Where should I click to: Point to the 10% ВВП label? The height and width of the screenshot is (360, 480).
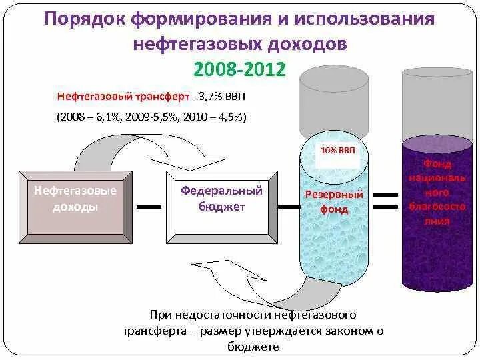coord(338,150)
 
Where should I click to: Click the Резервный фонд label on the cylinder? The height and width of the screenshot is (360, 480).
coord(334,201)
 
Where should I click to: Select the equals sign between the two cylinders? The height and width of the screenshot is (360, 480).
coord(385,201)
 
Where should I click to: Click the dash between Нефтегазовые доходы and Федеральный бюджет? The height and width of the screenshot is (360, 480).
coord(149,207)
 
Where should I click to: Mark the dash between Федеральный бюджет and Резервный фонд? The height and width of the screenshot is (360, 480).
coord(289,207)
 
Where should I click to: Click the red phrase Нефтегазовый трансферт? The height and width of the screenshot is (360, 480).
coord(122,97)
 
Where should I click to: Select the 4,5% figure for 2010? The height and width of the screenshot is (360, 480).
coord(229,117)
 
